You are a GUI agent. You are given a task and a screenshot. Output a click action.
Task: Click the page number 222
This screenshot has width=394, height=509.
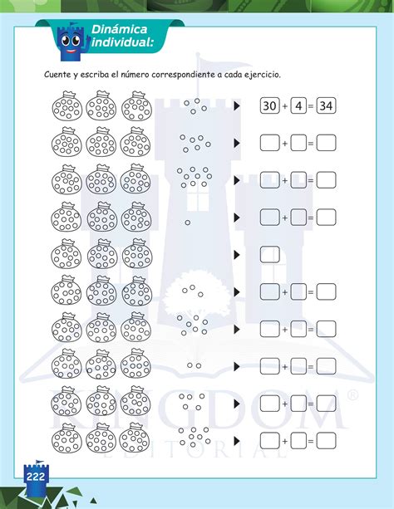pos(36,477)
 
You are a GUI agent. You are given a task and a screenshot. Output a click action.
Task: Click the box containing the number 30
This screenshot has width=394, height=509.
pos(269,106)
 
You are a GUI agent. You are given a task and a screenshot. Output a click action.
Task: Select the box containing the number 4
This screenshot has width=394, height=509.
pos(298,106)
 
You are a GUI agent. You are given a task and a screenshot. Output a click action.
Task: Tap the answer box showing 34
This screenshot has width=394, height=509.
pos(327,106)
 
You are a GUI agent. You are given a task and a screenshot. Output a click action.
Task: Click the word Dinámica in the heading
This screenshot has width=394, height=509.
pos(117,28)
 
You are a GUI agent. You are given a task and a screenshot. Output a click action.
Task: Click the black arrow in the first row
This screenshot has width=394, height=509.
pos(237,106)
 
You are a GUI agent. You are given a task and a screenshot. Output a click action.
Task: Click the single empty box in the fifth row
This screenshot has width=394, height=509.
pos(269,255)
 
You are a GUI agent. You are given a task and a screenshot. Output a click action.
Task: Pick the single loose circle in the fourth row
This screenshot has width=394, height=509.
pos(187,223)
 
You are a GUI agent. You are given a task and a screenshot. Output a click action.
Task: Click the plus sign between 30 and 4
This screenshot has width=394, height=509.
pos(284,106)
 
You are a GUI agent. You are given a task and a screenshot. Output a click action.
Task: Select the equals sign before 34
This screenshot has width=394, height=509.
pos(313,106)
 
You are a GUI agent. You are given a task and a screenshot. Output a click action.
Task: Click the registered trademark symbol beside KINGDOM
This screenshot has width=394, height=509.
pos(352,396)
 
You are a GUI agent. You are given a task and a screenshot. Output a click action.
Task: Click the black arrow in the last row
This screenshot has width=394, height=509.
pos(237,438)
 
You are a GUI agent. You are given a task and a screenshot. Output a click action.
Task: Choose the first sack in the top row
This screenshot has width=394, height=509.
pos(65,106)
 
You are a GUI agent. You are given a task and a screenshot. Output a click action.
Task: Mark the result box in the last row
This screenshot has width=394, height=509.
pos(327,438)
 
